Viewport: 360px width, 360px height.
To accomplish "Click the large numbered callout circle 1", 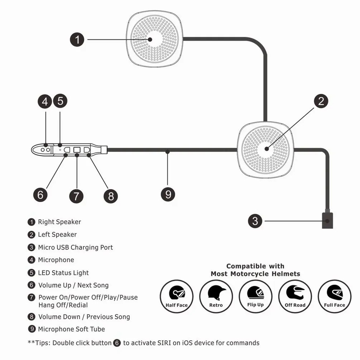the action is pyautogui.click(x=77, y=39).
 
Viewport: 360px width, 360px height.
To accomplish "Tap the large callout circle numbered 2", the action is pyautogui.click(x=321, y=101).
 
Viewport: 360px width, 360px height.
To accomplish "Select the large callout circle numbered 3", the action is pyautogui.click(x=255, y=221).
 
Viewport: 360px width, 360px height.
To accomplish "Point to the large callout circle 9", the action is pyautogui.click(x=168, y=195).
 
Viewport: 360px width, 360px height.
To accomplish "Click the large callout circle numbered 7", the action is pyautogui.click(x=76, y=196).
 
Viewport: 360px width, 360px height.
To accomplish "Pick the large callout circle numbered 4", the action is pyautogui.click(x=45, y=101).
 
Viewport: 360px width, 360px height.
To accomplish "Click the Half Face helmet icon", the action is pyautogui.click(x=177, y=296).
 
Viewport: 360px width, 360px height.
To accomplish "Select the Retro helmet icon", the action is pyautogui.click(x=216, y=296).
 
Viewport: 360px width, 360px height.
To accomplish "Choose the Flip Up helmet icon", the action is pyautogui.click(x=255, y=296).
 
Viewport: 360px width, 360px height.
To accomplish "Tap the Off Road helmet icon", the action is pyautogui.click(x=295, y=296).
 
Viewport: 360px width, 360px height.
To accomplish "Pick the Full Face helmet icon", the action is pyautogui.click(x=335, y=296).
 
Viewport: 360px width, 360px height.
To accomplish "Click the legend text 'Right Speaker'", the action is pyautogui.click(x=59, y=222).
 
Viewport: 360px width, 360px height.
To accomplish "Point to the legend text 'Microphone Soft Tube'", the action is pyautogui.click(x=71, y=329).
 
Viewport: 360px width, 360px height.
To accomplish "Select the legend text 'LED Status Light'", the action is pyautogui.click(x=63, y=273).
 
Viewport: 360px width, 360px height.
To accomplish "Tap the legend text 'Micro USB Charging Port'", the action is pyautogui.click(x=76, y=248).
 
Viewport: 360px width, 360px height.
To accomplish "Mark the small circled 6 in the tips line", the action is pyautogui.click(x=117, y=343).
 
